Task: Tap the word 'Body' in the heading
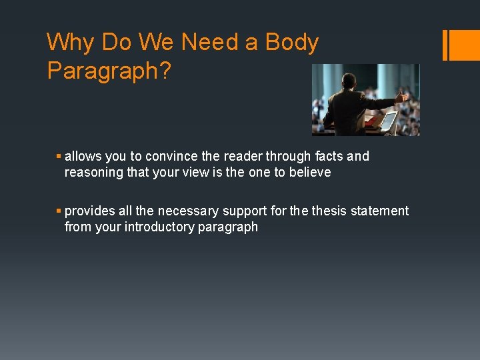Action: point(292,43)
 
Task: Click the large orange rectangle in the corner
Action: point(465,45)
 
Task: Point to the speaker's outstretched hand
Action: point(402,97)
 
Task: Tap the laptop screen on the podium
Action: point(389,122)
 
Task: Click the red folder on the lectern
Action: point(371,121)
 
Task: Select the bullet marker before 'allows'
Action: point(59,157)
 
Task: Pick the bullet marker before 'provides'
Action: point(59,211)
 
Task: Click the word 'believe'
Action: point(309,173)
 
